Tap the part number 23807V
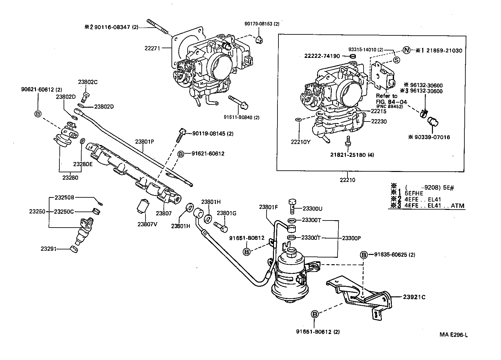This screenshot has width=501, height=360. tap(147, 224)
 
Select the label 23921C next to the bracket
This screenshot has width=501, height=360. tap(414, 297)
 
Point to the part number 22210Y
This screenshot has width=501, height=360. tap(301, 142)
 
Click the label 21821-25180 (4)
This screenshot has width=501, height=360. tap(352, 154)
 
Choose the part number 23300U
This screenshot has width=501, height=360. tap(312, 209)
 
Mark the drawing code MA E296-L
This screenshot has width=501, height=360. tap(453, 335)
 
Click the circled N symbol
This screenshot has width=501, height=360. tap(406, 50)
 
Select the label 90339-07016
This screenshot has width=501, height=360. tap(432, 137)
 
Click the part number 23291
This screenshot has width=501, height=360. tap(48, 248)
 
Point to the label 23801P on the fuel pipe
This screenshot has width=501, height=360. tap(144, 141)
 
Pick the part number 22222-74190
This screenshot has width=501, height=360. tap(322, 56)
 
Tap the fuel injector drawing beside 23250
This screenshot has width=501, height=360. tap(83, 231)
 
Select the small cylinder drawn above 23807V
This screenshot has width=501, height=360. tap(142, 206)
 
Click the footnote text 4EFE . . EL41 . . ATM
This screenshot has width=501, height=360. tap(435, 206)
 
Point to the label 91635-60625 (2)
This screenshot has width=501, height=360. tap(394, 255)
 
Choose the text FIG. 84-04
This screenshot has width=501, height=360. tap(391, 102)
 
